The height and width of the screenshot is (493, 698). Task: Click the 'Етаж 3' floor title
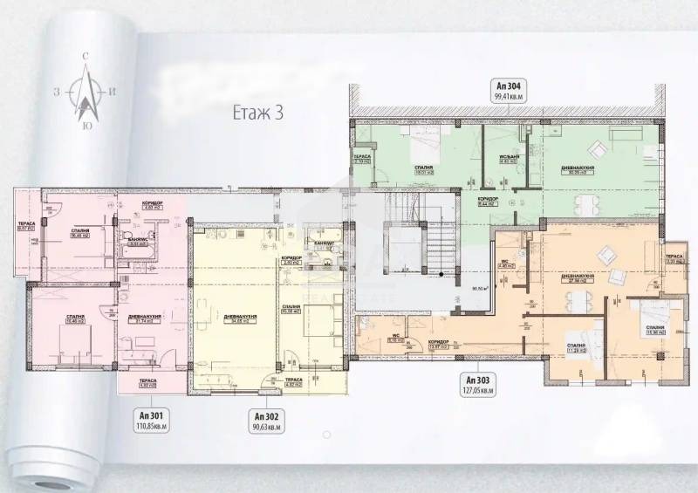click(x=257, y=113)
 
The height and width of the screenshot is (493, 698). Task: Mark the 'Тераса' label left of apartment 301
click(x=27, y=223)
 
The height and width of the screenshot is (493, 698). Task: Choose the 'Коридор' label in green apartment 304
click(x=488, y=200)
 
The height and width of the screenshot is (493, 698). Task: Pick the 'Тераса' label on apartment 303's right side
click(x=674, y=258)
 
